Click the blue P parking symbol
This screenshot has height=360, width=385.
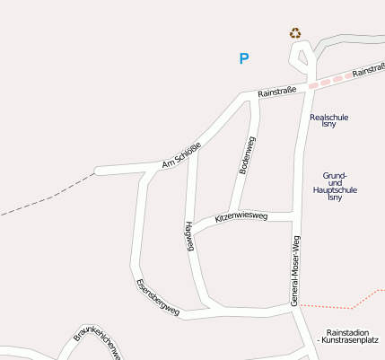(x=243, y=59)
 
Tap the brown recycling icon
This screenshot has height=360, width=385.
(x=295, y=33)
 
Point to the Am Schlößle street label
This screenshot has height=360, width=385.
(x=181, y=154)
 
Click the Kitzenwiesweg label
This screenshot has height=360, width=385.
(x=241, y=215)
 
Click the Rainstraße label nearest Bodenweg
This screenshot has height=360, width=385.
(x=276, y=92)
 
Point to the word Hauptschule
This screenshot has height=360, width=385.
(x=336, y=190)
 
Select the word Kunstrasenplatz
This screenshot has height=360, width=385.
(x=353, y=341)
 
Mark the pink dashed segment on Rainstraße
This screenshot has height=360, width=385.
(x=328, y=81)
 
